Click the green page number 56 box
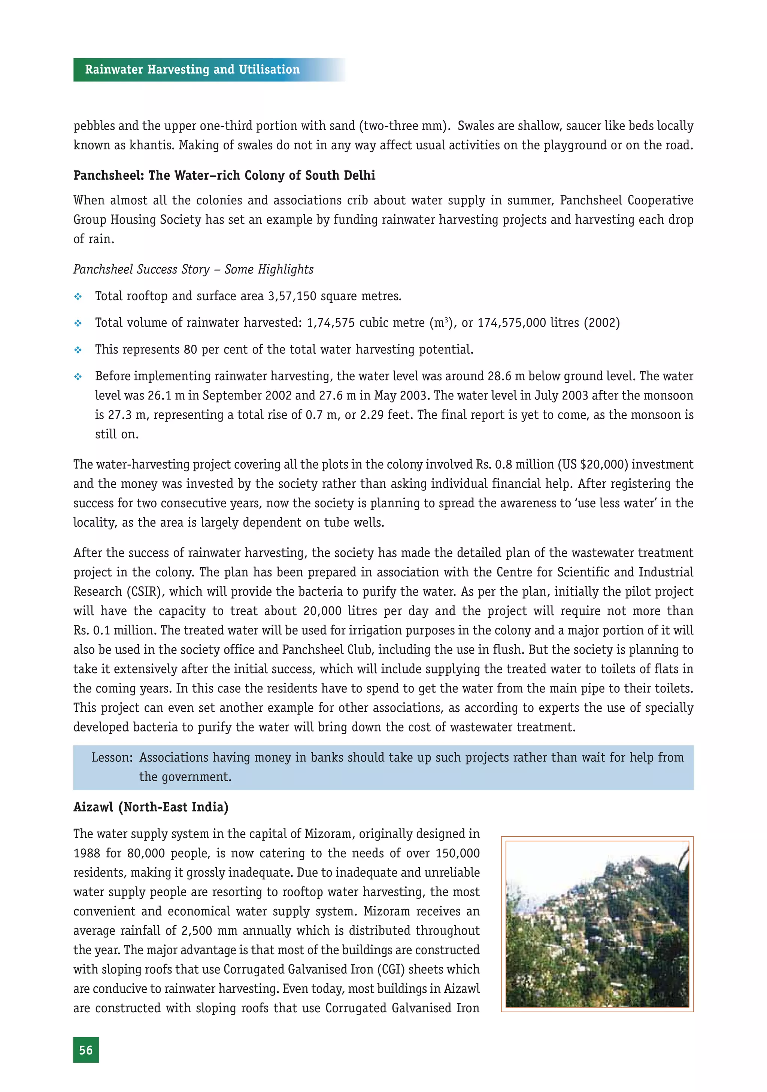pyautogui.click(x=86, y=1050)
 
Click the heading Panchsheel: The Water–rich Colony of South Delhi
pyautogui.click(x=224, y=176)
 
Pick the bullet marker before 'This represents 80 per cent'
pyautogui.click(x=78, y=350)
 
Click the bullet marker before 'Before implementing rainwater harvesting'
pyautogui.click(x=78, y=377)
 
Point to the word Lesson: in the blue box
pyautogui.click(x=112, y=757)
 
